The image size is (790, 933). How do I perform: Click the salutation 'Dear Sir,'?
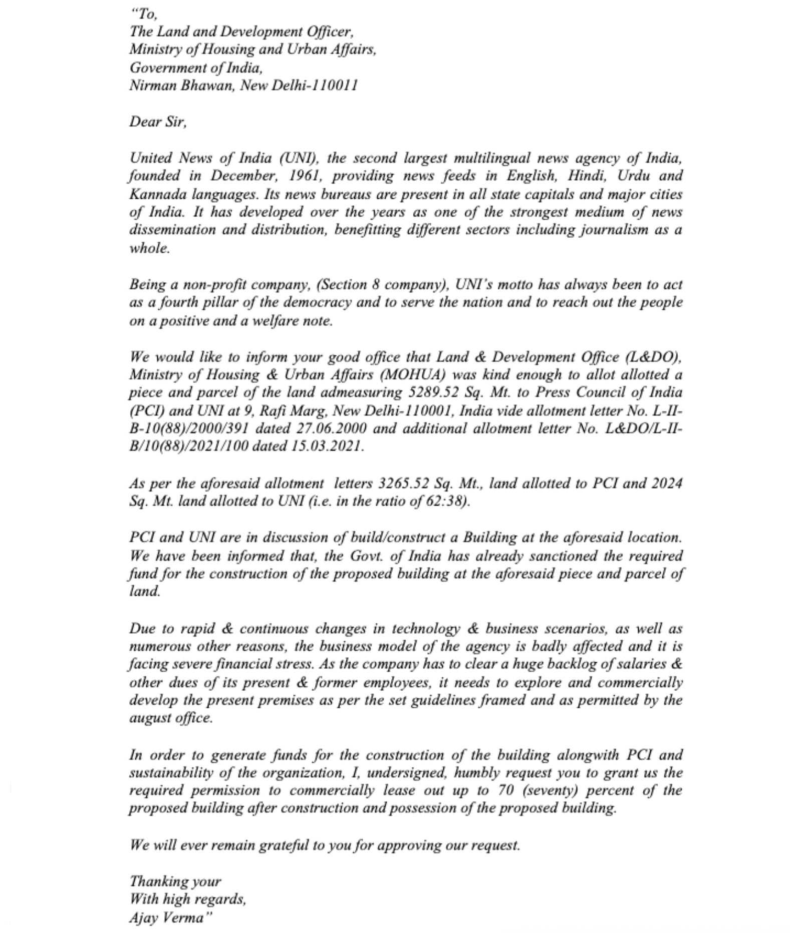point(158,122)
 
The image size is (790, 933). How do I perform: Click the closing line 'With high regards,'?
point(188,899)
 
